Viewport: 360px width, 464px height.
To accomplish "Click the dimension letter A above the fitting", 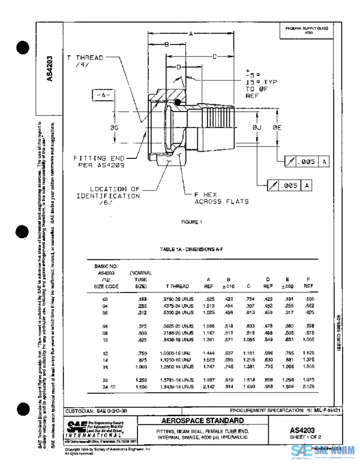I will pos(190,34).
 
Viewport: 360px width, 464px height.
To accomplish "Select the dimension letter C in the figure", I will pos(214,57).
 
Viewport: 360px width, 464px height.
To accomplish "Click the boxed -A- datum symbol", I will pos(103,95).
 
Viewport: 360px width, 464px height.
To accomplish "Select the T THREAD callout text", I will pos(85,58).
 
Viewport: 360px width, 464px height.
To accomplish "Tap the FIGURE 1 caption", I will pos(193,222).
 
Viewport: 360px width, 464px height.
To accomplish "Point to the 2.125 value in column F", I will pos(308,387).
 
